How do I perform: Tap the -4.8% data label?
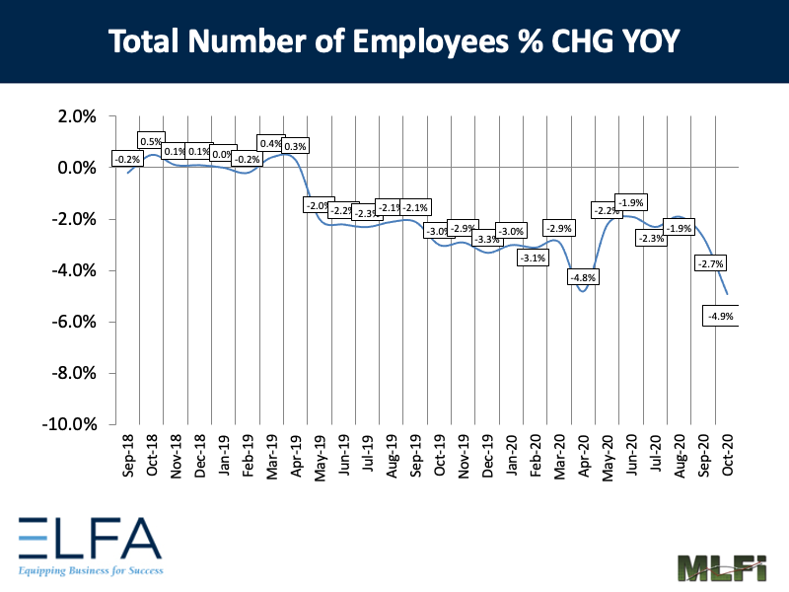point(583,277)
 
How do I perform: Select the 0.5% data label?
point(151,142)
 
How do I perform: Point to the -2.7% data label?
point(710,263)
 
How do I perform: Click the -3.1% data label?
point(533,259)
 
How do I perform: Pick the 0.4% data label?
point(271,144)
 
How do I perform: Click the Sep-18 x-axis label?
point(128,457)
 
